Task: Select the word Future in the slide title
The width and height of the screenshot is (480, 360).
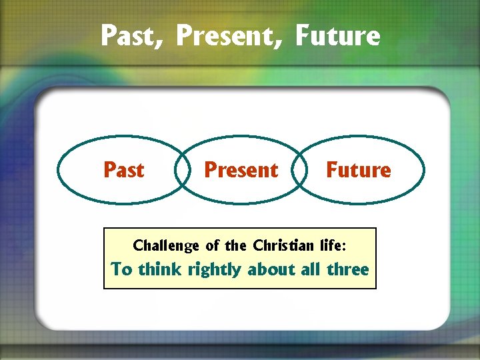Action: pos(337,35)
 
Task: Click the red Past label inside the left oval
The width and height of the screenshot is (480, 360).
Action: pos(124,170)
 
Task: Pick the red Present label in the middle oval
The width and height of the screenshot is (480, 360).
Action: pos(241,170)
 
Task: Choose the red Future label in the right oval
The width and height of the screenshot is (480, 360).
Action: pos(358,170)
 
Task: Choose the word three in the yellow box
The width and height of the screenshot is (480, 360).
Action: pos(347,269)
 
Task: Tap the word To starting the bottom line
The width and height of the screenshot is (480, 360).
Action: pos(122,269)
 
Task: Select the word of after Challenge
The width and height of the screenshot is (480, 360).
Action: pos(212,245)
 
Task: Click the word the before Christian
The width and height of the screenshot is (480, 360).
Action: pos(236,245)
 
